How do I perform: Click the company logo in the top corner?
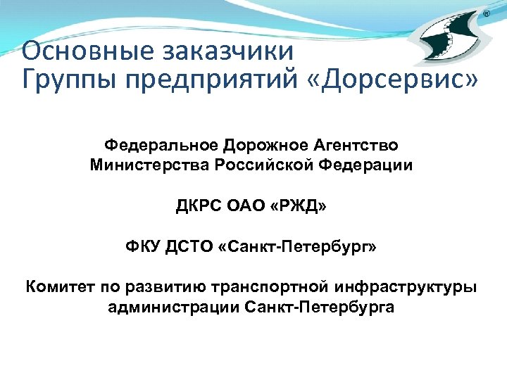(447, 42)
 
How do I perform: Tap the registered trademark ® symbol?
(487, 15)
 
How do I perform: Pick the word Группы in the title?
(61, 79)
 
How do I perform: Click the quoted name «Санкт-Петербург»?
(299, 248)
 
